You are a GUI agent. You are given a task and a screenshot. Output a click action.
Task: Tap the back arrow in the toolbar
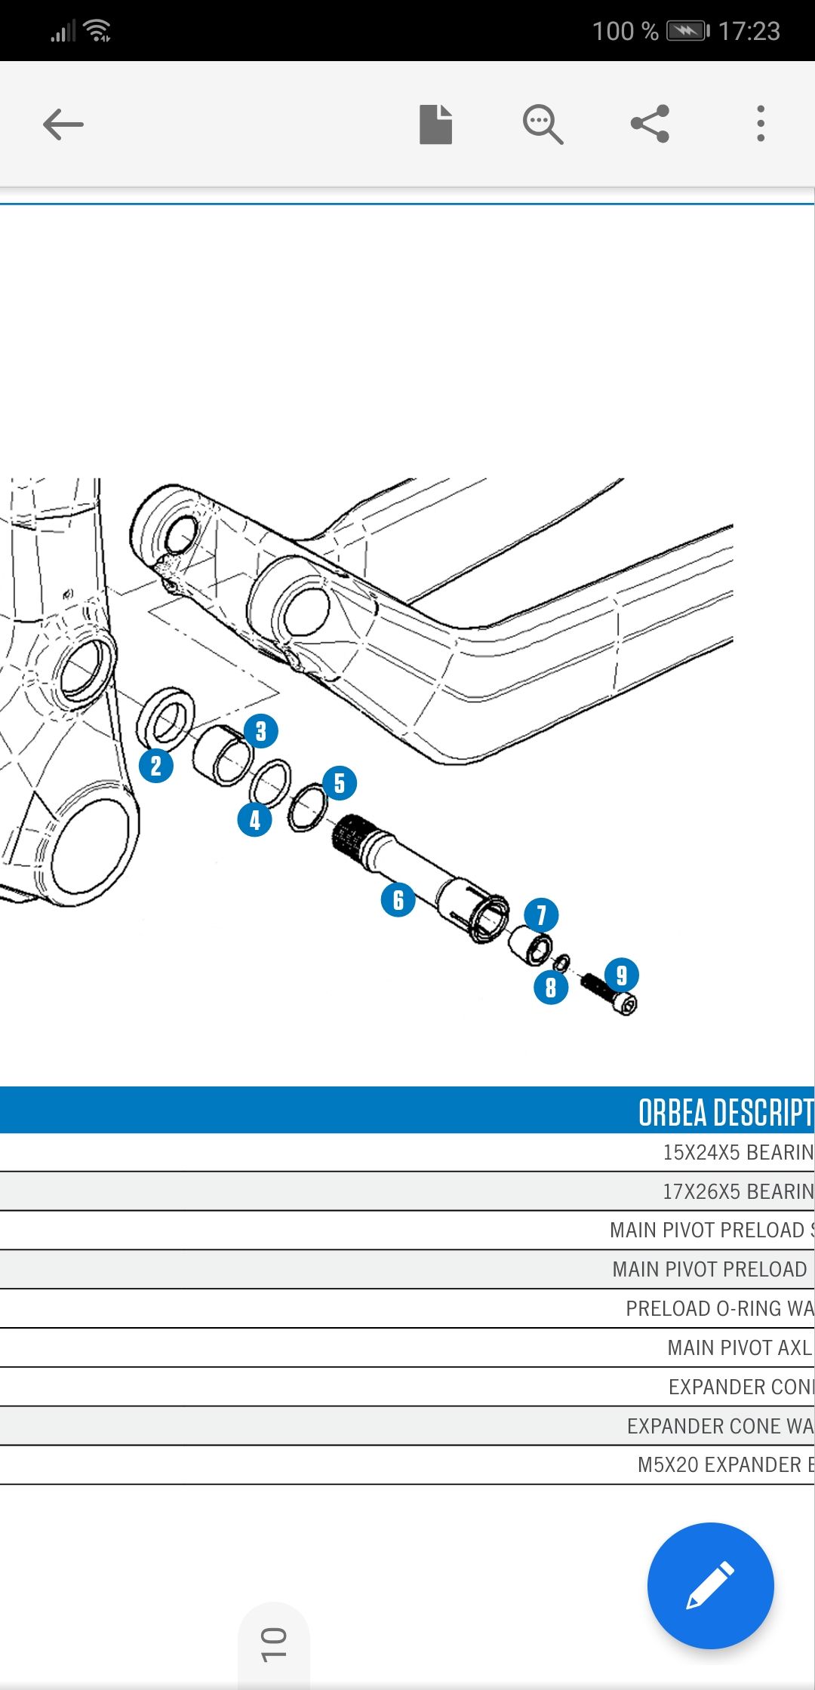(x=63, y=124)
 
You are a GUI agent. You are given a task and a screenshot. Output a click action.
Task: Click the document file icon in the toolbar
(x=435, y=124)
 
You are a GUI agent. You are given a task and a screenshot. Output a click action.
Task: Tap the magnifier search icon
(x=543, y=124)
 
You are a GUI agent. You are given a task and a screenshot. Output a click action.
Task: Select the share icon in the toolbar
(x=650, y=124)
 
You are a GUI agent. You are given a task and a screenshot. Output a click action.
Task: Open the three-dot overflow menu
(x=761, y=124)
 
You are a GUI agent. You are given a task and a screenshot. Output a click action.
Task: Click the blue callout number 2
(x=156, y=766)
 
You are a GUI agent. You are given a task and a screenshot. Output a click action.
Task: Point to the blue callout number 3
(x=261, y=731)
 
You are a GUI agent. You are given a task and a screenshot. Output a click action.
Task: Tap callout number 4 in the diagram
(x=255, y=820)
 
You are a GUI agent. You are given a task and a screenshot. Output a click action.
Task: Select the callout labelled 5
(x=340, y=783)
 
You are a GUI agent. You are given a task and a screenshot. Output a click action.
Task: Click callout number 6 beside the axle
(x=398, y=900)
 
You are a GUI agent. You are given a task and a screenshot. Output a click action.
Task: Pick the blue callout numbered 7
(x=541, y=915)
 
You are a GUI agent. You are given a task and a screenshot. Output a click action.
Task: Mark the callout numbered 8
(x=551, y=988)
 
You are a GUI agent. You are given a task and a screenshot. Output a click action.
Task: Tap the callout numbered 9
(x=622, y=975)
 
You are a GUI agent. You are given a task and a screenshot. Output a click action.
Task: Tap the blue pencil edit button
(x=710, y=1585)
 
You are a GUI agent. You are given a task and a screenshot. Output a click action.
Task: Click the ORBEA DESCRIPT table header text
(x=724, y=1112)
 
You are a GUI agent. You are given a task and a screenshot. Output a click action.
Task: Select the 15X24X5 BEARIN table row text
(x=737, y=1152)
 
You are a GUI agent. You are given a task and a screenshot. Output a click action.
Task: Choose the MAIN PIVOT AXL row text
(x=739, y=1347)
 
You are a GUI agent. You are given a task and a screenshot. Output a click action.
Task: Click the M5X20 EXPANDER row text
(x=724, y=1464)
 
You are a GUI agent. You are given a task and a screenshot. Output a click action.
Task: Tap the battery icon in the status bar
(x=687, y=31)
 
